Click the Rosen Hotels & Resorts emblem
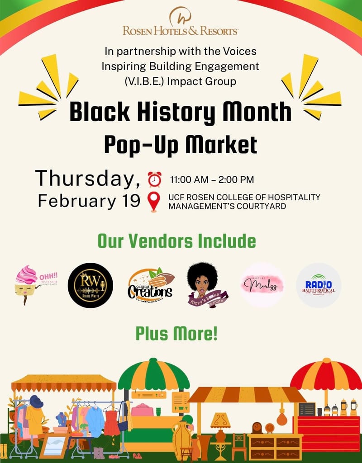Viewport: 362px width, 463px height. [180, 16]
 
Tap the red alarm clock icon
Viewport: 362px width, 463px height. [154, 179]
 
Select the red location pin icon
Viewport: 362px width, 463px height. [154, 202]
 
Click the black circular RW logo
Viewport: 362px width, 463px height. [90, 285]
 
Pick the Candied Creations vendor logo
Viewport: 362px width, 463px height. [150, 285]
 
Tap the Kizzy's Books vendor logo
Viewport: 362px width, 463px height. [207, 285]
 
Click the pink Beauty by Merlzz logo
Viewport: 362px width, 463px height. [262, 285]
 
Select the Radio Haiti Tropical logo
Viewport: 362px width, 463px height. [319, 285]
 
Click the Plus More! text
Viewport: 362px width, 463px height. [176, 334]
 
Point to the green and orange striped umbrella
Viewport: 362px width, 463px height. [154, 374]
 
